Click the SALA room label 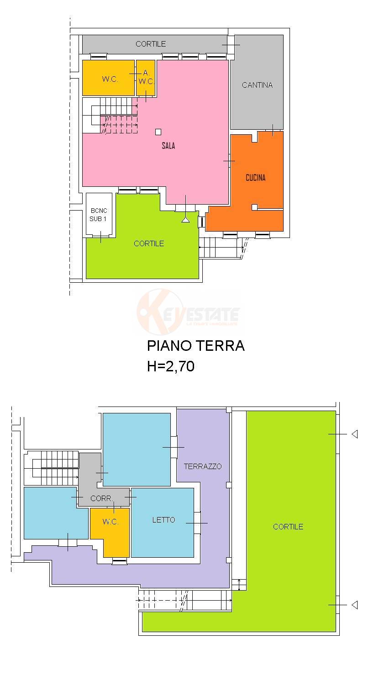point(168,146)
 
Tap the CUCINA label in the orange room point(255,178)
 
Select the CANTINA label point(257,85)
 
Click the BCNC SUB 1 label point(98,215)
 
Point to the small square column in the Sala point(158,132)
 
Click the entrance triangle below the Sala point(185,220)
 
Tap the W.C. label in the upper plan point(110,79)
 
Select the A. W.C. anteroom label point(146,77)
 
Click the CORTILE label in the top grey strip point(151,44)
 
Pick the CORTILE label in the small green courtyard point(149,243)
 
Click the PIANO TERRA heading point(195,346)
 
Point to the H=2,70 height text point(171,366)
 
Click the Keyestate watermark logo point(188,314)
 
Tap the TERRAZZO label point(203,466)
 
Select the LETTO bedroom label point(163,520)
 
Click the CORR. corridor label point(101,498)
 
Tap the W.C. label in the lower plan point(110,522)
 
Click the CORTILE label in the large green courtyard point(288,527)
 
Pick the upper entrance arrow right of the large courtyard point(354,434)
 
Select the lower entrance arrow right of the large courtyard point(354,605)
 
